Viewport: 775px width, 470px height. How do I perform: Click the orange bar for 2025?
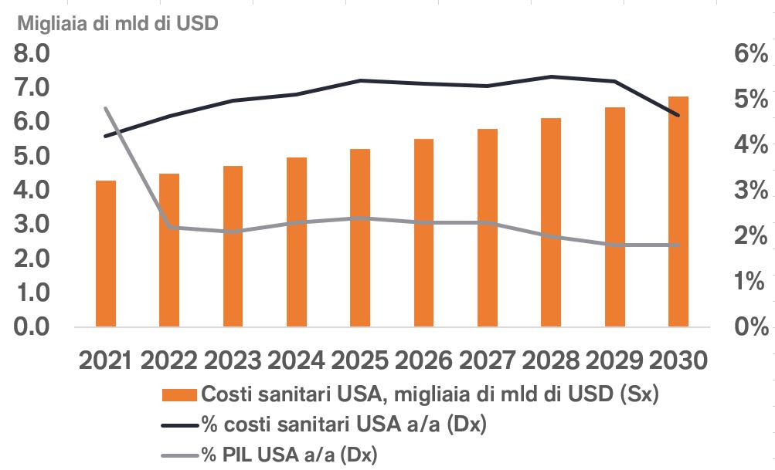pyautogui.click(x=360, y=238)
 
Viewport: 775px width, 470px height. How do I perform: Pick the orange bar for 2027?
pyautogui.click(x=487, y=228)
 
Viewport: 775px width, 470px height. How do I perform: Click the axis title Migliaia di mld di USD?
pyautogui.click(x=118, y=23)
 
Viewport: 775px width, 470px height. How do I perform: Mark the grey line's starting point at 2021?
pyautogui.click(x=105, y=108)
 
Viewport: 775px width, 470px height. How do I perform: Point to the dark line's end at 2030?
pyautogui.click(x=678, y=116)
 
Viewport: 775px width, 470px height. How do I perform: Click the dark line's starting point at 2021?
pyautogui.click(x=105, y=137)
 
